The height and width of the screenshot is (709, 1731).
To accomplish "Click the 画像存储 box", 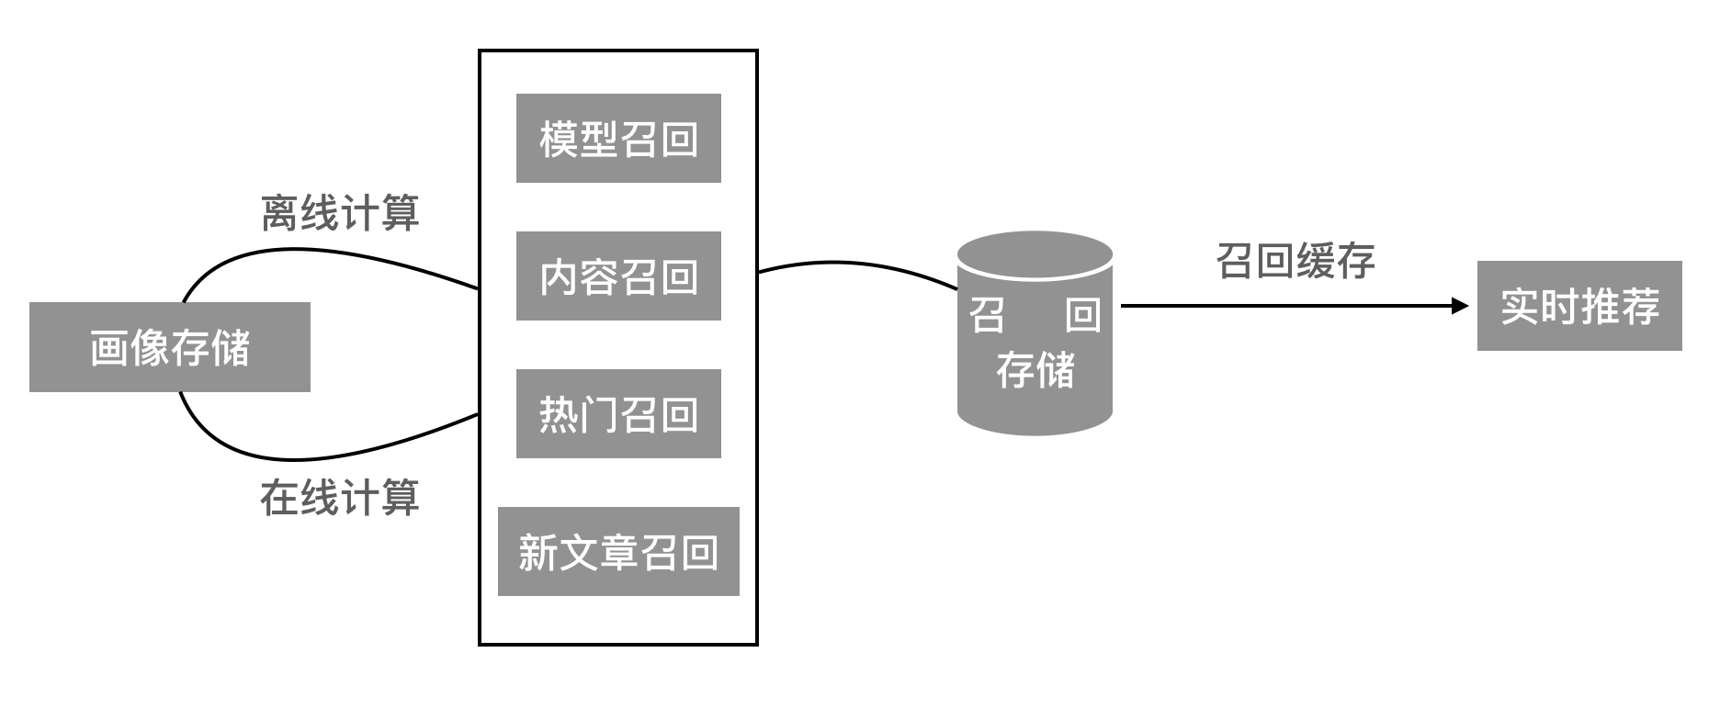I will point(169,347).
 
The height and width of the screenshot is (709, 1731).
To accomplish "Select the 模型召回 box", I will point(618,139).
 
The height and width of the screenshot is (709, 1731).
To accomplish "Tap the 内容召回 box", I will point(618,276).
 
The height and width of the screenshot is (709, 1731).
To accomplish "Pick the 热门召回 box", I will point(618,414).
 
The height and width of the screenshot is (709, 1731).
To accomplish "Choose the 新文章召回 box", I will point(618,552).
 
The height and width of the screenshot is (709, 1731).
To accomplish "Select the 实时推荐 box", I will point(1579,306).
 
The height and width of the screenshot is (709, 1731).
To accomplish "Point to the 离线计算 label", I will point(340,213).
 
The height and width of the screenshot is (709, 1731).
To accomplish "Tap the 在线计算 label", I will point(340,498).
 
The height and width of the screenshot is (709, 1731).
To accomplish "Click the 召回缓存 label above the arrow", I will point(1295,261).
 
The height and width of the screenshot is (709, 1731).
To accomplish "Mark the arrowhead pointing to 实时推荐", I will point(1460,306).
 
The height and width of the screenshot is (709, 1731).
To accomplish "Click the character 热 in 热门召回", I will point(558,414).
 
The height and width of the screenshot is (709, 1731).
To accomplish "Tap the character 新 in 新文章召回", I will point(537,552).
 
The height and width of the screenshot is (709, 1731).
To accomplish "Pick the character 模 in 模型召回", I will point(558,139).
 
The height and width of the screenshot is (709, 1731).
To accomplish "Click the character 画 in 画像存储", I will point(109,348).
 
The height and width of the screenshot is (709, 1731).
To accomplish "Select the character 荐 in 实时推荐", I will point(1640,306).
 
